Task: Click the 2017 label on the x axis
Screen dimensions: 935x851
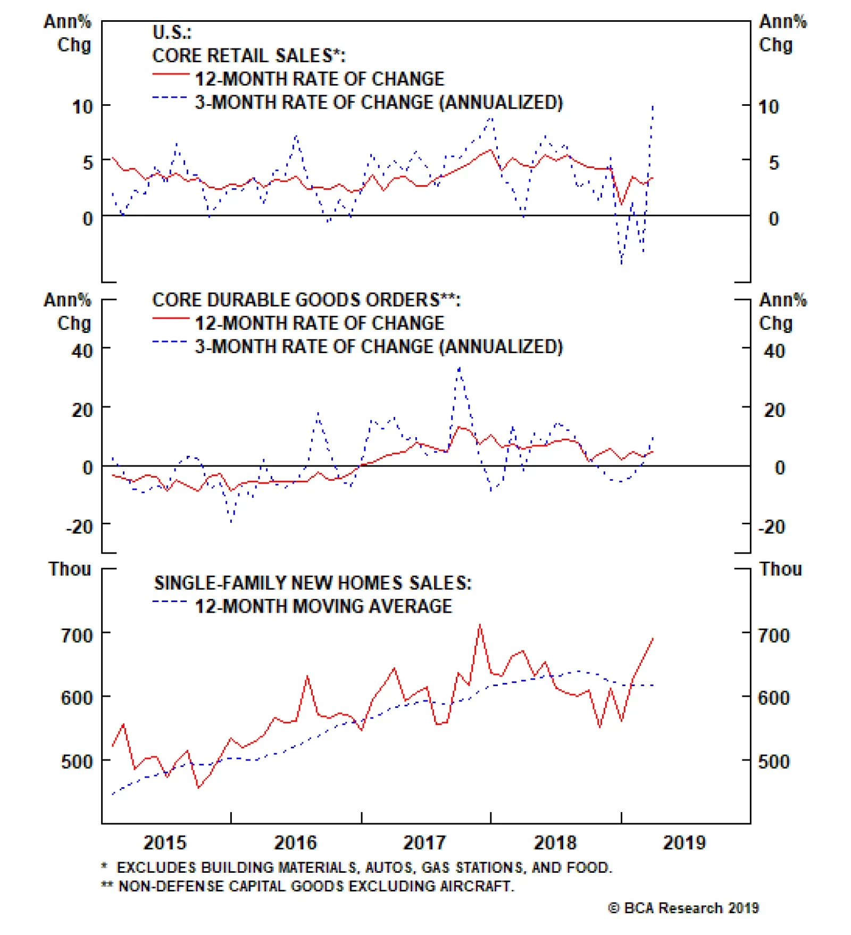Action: point(424,843)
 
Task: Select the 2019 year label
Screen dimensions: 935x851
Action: point(684,843)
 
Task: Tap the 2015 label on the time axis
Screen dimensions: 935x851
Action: point(165,843)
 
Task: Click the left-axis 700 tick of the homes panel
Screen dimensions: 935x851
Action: point(77,635)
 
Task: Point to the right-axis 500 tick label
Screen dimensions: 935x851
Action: point(774,761)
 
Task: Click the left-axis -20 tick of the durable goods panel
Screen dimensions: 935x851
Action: point(79,527)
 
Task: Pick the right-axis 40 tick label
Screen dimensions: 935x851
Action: point(774,351)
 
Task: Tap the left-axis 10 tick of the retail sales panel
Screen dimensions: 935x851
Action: point(82,107)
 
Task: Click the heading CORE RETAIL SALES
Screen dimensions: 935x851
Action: point(248,56)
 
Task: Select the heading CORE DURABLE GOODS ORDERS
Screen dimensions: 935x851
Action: point(306,300)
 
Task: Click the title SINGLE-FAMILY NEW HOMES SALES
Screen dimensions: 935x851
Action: point(313,583)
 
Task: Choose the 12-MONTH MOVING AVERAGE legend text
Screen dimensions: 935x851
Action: point(323,606)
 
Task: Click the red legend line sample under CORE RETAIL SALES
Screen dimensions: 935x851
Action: point(170,74)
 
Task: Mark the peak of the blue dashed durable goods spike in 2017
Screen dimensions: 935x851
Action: point(459,368)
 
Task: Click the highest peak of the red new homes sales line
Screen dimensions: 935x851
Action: point(480,625)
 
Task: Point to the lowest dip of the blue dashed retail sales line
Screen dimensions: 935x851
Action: point(621,263)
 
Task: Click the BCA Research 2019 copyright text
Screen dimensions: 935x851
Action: point(683,908)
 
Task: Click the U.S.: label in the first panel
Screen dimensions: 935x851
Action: point(172,32)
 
